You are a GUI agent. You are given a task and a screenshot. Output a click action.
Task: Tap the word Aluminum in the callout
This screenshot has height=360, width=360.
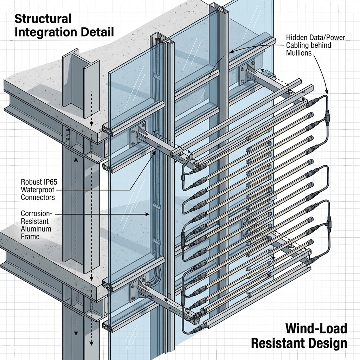(x=36, y=229)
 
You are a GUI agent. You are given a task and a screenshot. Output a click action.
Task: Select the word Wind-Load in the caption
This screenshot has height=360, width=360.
(x=316, y=329)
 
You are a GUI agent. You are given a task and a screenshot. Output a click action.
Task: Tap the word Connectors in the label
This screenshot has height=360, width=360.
(x=38, y=198)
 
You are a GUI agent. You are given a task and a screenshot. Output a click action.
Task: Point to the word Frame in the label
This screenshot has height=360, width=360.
(x=30, y=237)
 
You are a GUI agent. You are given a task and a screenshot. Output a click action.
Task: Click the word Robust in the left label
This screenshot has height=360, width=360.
(x=30, y=182)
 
